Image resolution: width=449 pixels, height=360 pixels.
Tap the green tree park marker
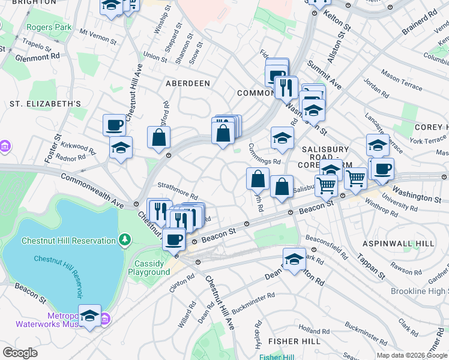pos(124,241)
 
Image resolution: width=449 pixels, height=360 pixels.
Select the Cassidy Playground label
pos(149,268)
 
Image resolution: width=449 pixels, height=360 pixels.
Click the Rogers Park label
pos(49,27)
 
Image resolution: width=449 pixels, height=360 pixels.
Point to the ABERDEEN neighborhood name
pos(187,83)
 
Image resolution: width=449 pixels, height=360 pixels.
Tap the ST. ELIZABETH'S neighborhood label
pos(45,104)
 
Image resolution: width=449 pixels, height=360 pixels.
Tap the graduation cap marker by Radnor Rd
pos(121,148)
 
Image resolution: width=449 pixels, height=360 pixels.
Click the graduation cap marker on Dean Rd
pos(294,260)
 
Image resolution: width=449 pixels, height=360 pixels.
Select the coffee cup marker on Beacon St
pos(174,239)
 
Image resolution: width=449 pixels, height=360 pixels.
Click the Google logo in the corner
pos(20,353)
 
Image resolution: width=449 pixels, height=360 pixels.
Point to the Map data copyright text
pos(412,355)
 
